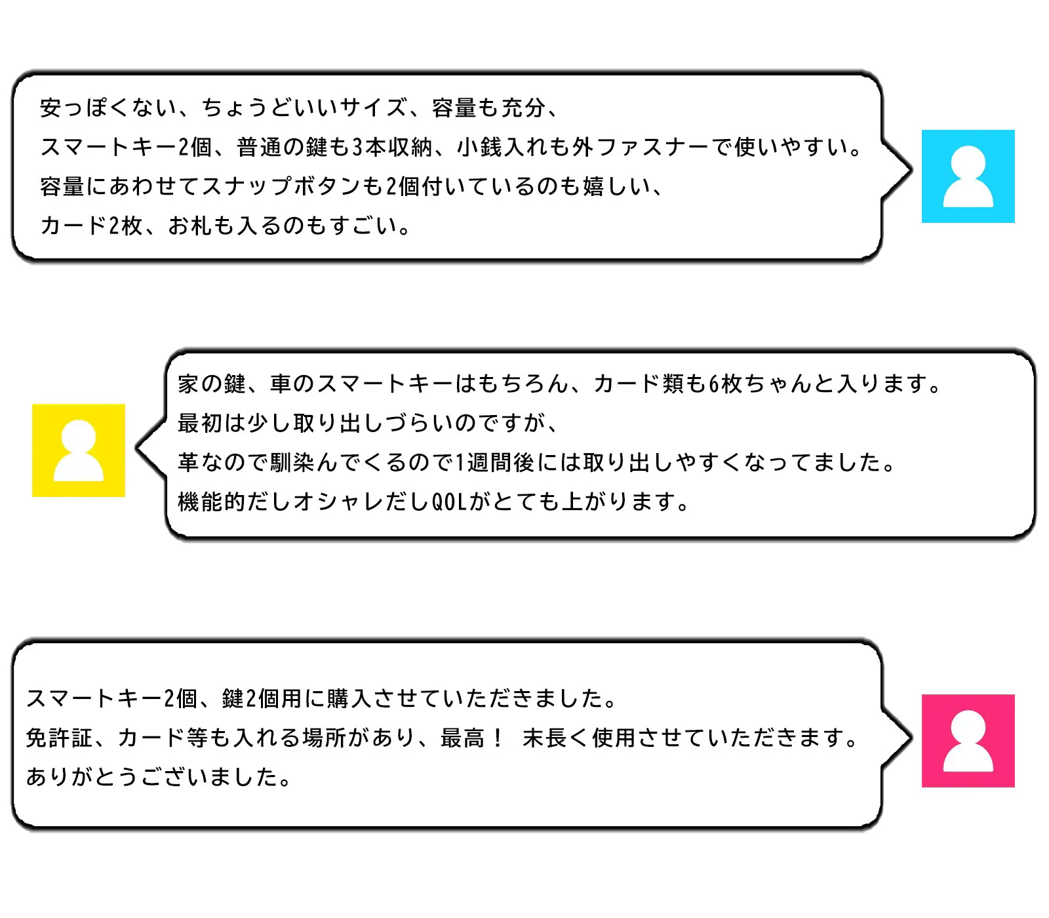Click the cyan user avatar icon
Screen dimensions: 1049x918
coord(968,176)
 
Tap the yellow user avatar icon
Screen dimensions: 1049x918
coord(79,450)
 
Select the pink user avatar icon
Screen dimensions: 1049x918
coord(968,741)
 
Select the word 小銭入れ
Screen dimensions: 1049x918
coord(502,147)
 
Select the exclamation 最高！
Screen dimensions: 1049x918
coord(472,738)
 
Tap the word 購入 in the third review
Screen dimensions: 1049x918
coord(350,698)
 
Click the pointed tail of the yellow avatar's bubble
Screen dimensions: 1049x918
coord(137,447)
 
